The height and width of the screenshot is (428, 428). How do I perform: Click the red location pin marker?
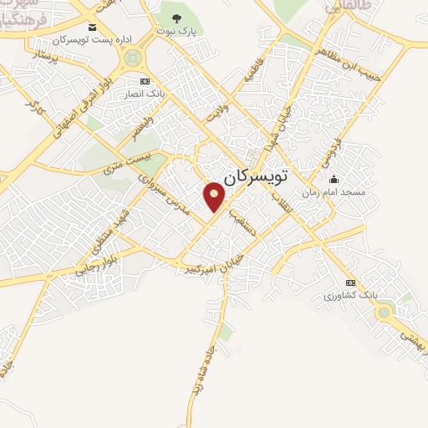(x=215, y=196)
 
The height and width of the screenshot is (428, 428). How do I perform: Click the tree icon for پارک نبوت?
(x=174, y=18)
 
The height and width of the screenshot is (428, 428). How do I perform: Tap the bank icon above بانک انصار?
(x=145, y=81)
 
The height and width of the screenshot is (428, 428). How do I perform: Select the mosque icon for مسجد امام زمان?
(x=334, y=179)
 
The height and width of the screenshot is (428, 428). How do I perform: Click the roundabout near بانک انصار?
(x=131, y=59)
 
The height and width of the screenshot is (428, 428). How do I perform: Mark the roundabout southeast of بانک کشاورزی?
(x=385, y=313)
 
